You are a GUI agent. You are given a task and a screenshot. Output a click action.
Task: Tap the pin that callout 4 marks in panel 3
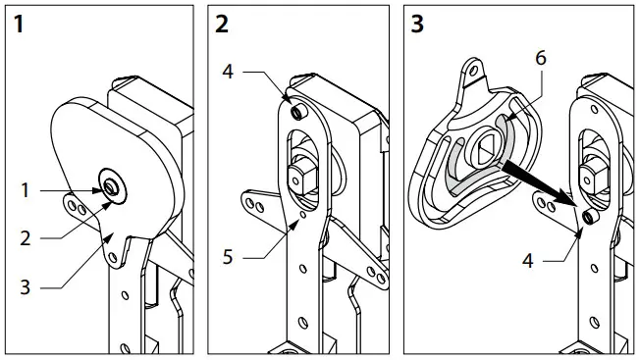(x=585, y=216)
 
